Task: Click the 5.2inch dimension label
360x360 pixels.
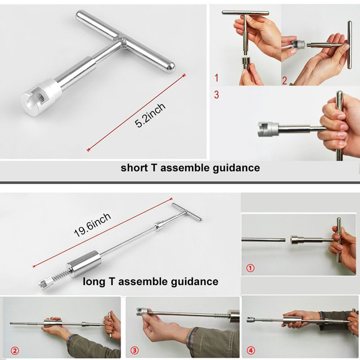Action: coord(150,115)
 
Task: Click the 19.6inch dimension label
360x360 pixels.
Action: coord(92,225)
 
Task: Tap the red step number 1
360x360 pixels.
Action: coord(216,78)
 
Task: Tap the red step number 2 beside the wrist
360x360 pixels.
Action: coord(284,81)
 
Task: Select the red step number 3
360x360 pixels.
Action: coord(216,95)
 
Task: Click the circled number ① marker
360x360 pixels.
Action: coord(250,268)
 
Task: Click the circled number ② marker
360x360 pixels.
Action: coord(15,351)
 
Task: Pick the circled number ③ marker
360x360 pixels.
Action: coord(135,350)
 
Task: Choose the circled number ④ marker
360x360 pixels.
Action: coord(251,350)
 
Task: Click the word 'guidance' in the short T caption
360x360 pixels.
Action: coord(236,168)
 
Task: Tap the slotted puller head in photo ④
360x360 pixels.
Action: coord(250,319)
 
